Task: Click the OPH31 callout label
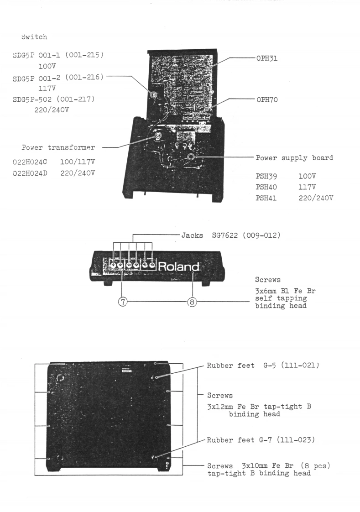point(267,58)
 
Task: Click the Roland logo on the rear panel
point(179,266)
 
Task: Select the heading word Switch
point(34,37)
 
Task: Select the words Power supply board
point(294,158)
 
